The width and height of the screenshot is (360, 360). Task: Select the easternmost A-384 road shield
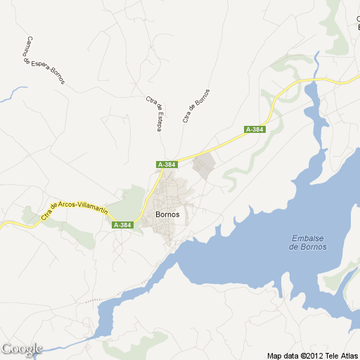pyautogui.click(x=254, y=129)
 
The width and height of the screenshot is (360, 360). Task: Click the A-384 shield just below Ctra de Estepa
pyautogui.click(x=167, y=165)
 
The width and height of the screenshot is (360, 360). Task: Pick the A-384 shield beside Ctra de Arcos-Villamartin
pyautogui.click(x=122, y=225)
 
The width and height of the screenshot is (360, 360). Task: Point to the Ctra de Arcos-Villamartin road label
pyautogui.click(x=75, y=210)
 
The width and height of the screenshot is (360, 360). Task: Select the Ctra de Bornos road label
pyautogui.click(x=196, y=105)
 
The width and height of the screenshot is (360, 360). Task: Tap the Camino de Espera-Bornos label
pyautogui.click(x=44, y=60)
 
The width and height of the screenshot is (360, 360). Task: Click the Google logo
pyautogui.click(x=22, y=349)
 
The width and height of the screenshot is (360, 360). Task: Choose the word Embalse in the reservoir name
pyautogui.click(x=308, y=238)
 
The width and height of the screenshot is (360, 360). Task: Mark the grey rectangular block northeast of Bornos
pyautogui.click(x=203, y=166)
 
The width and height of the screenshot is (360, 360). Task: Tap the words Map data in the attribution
pyautogui.click(x=283, y=356)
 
